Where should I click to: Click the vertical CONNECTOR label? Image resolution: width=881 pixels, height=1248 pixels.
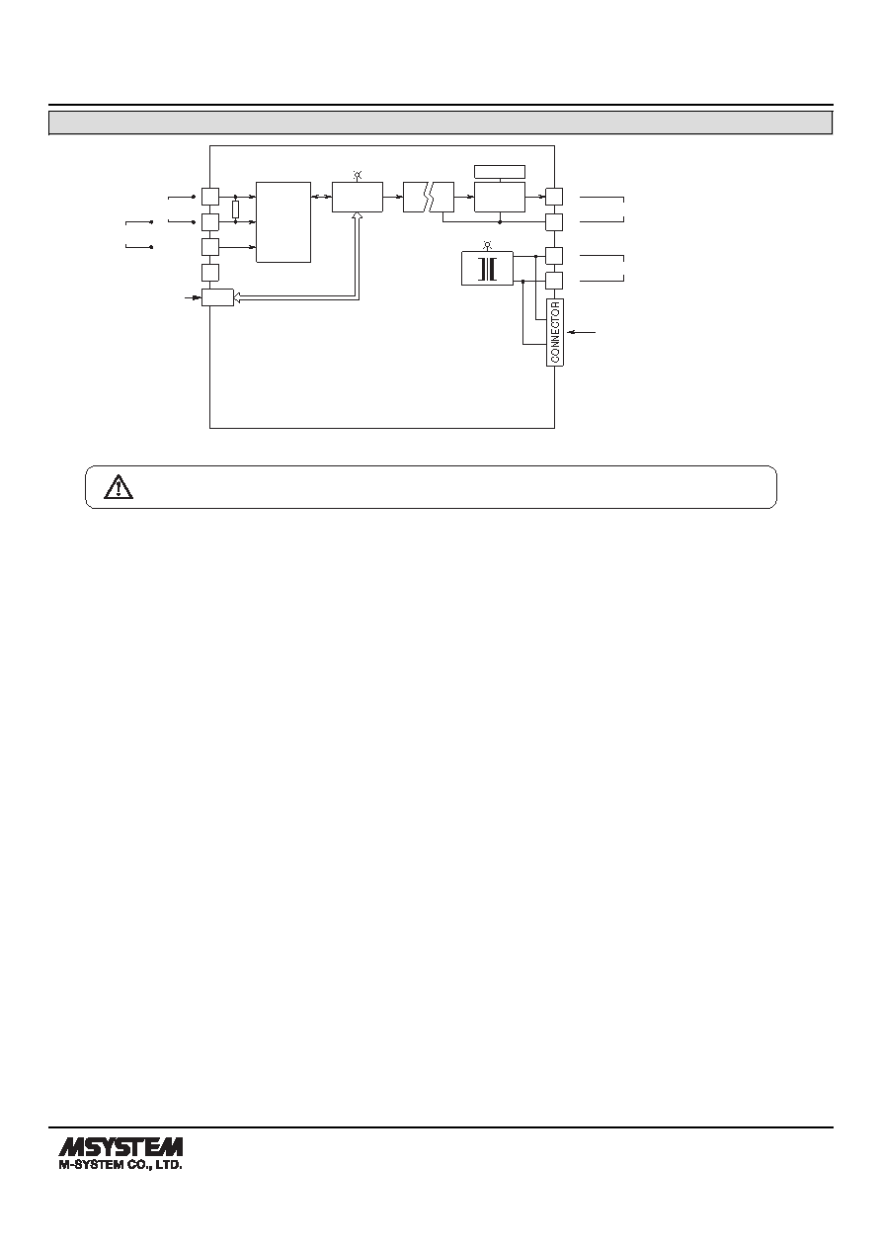pyautogui.click(x=555, y=333)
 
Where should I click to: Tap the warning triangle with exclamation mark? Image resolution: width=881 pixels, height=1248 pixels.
pyautogui.click(x=119, y=487)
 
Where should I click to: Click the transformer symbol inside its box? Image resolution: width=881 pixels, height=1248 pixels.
pyautogui.click(x=487, y=269)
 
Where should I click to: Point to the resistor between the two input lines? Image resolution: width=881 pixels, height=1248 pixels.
pyautogui.click(x=236, y=209)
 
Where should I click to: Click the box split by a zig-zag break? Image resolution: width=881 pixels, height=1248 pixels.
pyautogui.click(x=429, y=198)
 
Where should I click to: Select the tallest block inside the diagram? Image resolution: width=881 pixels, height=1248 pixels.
pyautogui.click(x=283, y=221)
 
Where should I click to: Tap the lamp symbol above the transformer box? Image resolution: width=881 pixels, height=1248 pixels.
pyautogui.click(x=487, y=245)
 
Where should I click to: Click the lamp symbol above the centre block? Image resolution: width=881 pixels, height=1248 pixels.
pyautogui.click(x=358, y=175)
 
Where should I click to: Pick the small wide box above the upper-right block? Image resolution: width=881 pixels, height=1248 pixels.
pyautogui.click(x=500, y=171)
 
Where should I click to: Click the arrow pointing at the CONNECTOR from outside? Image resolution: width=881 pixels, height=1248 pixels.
pyautogui.click(x=582, y=333)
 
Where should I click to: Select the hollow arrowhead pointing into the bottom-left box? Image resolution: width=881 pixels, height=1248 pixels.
pyautogui.click(x=237, y=299)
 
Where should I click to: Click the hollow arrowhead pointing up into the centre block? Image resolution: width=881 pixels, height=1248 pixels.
pyautogui.click(x=358, y=216)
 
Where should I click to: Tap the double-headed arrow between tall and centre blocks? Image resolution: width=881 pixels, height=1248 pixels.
pyautogui.click(x=321, y=197)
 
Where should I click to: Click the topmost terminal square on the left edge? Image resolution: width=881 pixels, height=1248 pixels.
pyautogui.click(x=210, y=197)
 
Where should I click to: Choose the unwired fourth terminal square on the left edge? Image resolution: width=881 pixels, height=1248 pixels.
pyautogui.click(x=210, y=273)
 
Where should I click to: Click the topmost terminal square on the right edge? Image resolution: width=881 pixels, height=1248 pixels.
pyautogui.click(x=554, y=197)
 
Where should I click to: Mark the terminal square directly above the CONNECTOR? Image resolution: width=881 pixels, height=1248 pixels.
pyautogui.click(x=554, y=281)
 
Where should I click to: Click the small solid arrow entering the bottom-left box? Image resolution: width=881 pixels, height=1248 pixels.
pyautogui.click(x=193, y=298)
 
